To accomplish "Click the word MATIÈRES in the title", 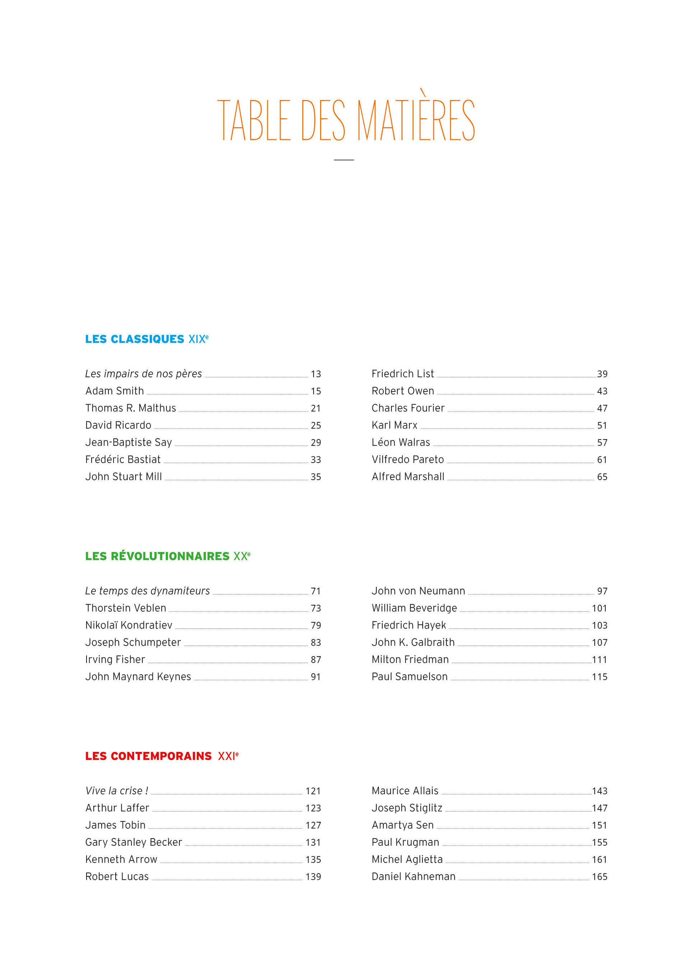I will (x=416, y=119).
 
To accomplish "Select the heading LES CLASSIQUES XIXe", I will (x=146, y=339).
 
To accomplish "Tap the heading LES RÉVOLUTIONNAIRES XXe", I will (x=168, y=556).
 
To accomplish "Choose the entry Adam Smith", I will (x=114, y=391).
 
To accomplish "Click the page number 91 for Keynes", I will (x=316, y=677).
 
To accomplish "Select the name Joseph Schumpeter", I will (x=133, y=643).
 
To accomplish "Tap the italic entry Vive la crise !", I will (x=117, y=791).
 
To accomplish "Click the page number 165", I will (x=600, y=877).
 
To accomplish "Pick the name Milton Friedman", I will (x=410, y=660).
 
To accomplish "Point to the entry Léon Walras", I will (x=400, y=442).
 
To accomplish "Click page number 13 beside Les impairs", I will (x=316, y=374).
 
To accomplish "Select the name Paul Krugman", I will (x=405, y=842).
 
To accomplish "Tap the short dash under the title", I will (x=344, y=160).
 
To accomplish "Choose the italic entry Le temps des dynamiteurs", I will (x=147, y=591).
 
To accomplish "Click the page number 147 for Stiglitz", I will (x=600, y=809).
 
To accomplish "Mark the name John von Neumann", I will (x=418, y=591).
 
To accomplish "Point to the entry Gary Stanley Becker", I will (x=133, y=842).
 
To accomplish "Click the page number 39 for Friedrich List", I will (x=602, y=374).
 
